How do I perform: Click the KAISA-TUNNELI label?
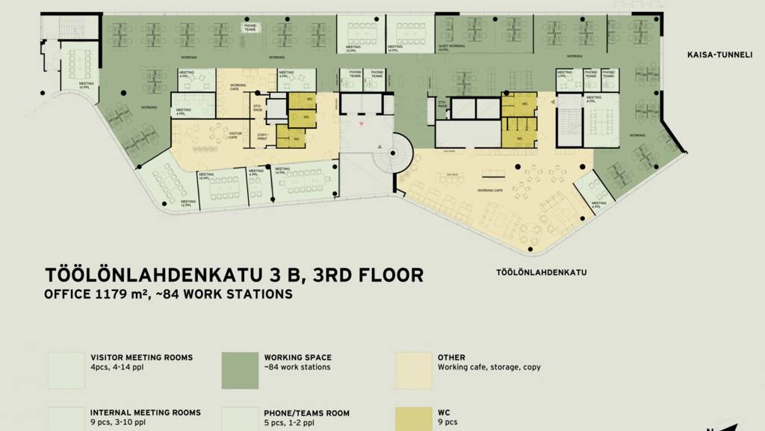tap(720, 55)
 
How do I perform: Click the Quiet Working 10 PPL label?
tap(451, 48)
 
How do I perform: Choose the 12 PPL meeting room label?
tap(188, 203)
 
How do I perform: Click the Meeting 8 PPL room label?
tap(594, 100)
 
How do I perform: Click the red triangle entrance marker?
tap(362, 122)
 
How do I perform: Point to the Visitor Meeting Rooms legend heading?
tap(141, 358)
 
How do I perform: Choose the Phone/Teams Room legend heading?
tap(306, 413)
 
